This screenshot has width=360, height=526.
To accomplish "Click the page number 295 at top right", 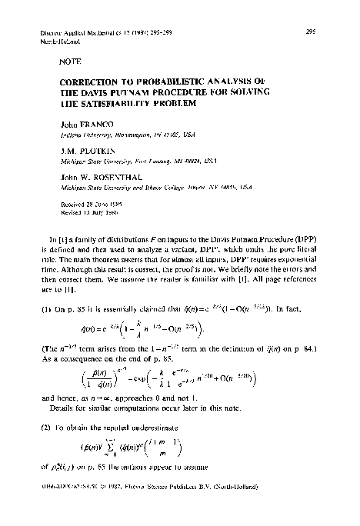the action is pyautogui.click(x=312, y=32).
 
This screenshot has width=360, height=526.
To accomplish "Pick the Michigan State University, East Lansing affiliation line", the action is pyautogui.click(x=138, y=163).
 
